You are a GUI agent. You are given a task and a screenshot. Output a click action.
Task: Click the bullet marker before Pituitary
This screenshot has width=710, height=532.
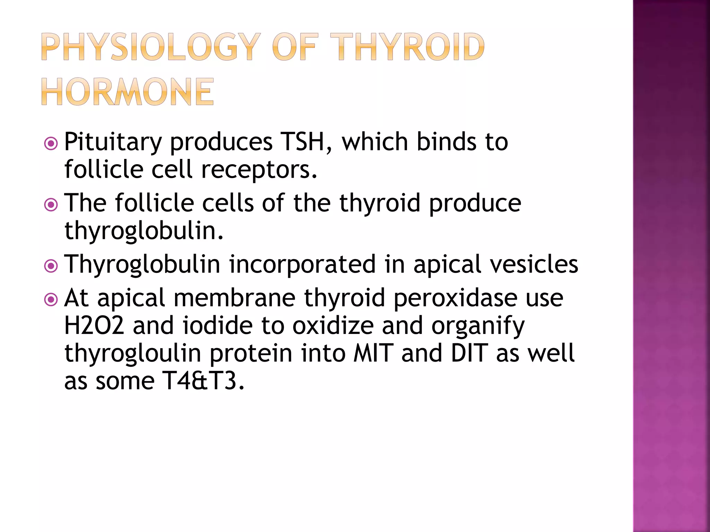[51, 143]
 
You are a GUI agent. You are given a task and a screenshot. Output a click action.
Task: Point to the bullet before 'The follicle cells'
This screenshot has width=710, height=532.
[51, 204]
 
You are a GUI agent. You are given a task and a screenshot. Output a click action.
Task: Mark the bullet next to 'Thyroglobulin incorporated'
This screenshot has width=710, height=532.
[51, 266]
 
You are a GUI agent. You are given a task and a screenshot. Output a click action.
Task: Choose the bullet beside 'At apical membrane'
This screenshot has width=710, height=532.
[51, 299]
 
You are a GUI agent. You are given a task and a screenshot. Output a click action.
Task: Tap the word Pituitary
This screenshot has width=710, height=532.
[113, 142]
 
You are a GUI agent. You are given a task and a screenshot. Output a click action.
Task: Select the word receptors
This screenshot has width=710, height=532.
[259, 170]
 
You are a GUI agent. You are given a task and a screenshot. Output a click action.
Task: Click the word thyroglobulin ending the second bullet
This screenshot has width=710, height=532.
[144, 231]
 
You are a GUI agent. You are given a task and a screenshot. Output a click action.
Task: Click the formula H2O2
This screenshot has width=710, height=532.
[94, 326]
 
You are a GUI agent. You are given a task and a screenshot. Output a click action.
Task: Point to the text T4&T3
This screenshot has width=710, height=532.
[203, 381]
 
